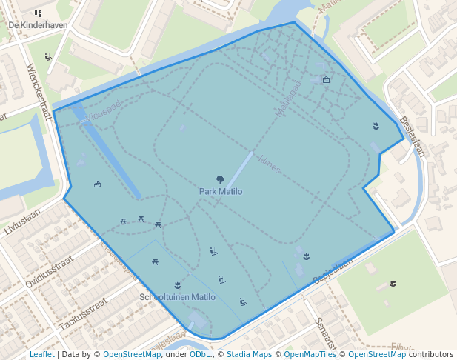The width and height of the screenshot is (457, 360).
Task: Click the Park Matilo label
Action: point(220,191)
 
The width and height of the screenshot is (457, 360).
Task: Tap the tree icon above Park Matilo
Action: point(220,179)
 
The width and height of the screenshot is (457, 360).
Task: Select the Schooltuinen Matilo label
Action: point(177,297)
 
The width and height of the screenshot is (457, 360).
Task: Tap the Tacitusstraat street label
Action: point(83,314)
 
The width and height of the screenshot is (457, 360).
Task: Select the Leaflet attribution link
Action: point(41,354)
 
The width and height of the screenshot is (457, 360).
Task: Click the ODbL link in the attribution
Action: point(200,354)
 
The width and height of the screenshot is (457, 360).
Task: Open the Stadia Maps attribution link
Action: point(249,354)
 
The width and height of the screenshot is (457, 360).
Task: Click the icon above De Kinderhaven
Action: point(38,13)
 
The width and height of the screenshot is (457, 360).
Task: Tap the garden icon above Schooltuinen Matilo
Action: point(177,285)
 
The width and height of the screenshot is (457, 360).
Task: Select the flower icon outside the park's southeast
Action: point(393,284)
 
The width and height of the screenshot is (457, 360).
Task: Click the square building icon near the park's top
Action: point(327,80)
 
